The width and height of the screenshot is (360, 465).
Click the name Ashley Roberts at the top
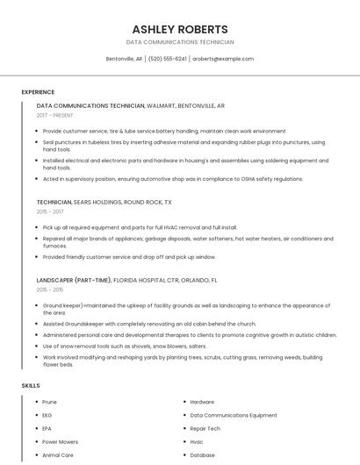(180, 29)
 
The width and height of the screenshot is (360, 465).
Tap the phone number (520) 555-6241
(167, 59)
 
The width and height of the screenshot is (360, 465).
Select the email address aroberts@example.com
(223, 59)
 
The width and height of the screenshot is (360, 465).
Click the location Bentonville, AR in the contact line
(124, 59)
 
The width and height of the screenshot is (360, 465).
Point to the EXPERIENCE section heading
(38, 92)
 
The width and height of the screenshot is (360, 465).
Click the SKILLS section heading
(31, 386)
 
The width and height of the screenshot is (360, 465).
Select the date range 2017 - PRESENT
(56, 115)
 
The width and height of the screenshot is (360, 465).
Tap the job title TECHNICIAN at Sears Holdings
(54, 202)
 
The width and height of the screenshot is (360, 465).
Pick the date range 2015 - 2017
(50, 211)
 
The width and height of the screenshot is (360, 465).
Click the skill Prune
(49, 402)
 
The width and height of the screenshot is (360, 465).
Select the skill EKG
(47, 415)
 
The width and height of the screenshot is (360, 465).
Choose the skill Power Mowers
(60, 441)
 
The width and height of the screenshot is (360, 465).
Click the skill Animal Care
(57, 455)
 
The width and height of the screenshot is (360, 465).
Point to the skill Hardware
(202, 402)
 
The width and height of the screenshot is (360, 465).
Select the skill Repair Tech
(205, 428)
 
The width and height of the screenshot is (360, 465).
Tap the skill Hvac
(197, 441)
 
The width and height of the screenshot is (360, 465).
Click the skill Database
(202, 455)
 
